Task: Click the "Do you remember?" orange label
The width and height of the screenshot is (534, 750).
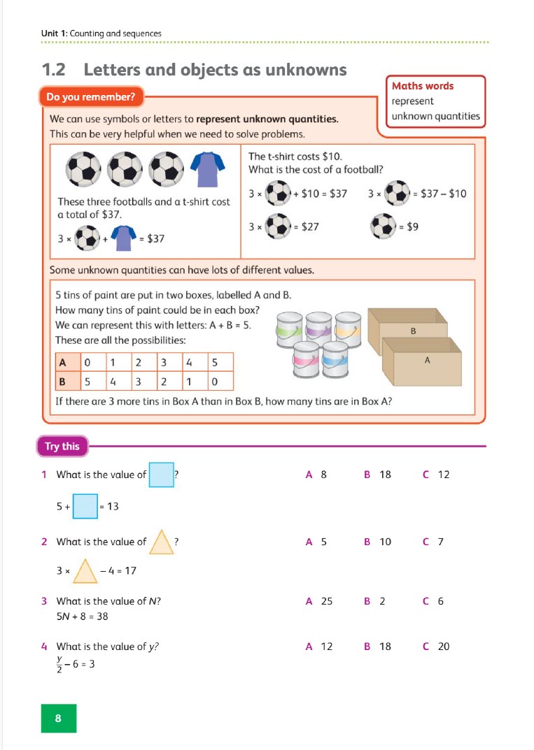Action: [92, 97]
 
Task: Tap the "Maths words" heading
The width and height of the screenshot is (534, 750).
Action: [423, 86]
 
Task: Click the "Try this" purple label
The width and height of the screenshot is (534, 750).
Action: [62, 446]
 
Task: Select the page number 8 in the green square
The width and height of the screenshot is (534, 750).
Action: [58, 718]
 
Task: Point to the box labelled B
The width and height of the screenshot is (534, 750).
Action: [413, 331]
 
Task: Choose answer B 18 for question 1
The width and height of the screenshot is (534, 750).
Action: [378, 475]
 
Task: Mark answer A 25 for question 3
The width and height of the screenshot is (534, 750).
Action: [319, 601]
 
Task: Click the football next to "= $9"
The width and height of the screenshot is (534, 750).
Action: [384, 226]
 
